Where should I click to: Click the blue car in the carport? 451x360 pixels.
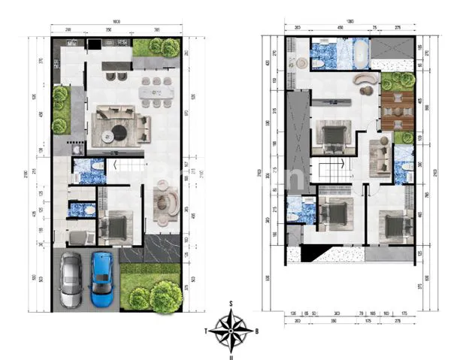(x=101, y=279)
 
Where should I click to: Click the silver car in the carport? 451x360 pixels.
(x=71, y=280)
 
